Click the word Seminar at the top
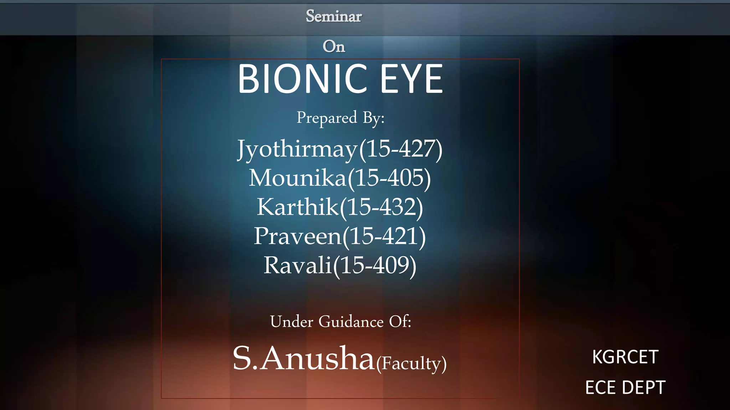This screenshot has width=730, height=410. tap(334, 16)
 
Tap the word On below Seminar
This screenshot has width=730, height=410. tap(334, 47)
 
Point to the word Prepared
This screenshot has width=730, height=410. tap(327, 118)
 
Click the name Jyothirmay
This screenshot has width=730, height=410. tap(297, 149)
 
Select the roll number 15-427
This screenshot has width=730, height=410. tap(401, 149)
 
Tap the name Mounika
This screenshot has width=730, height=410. tap(298, 178)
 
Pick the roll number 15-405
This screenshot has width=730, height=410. tap(389, 178)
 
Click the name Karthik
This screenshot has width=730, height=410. tap(298, 207)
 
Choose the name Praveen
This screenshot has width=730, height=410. tap(298, 236)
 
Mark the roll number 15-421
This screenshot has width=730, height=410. tap(384, 236)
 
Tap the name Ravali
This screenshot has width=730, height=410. tap(298, 266)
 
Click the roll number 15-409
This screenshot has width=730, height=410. tap(375, 266)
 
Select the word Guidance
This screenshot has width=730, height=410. tap(351, 322)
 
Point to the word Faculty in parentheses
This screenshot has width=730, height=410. tap(411, 363)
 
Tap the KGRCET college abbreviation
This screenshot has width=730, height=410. tap(625, 357)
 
